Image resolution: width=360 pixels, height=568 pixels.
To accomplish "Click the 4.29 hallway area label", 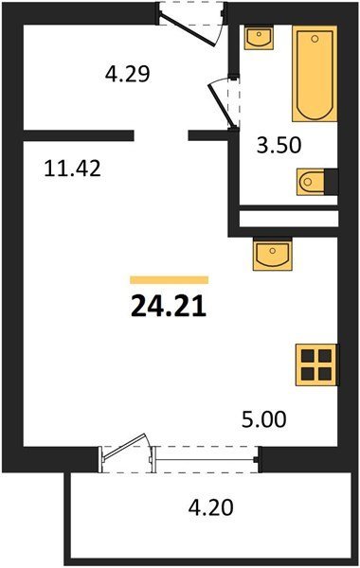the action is click(127, 74).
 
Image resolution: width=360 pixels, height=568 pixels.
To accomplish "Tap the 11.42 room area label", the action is click(72, 169).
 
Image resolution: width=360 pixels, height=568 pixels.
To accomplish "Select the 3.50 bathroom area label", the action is click(279, 145).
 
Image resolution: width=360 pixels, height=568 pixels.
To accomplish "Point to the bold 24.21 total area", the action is click(169, 305).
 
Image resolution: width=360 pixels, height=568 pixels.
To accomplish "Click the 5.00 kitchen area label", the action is click(264, 419).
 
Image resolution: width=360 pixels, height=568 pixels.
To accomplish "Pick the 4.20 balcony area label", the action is click(210, 507).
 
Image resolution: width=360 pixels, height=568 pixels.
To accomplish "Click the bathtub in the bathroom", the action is click(315, 74).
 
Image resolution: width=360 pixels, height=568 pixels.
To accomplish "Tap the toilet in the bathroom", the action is click(311, 182).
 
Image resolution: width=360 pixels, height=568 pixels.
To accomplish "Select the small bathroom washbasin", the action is click(259, 37).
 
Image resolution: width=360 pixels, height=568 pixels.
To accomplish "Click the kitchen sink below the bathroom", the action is click(273, 255).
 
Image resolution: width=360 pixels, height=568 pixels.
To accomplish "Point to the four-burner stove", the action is click(316, 364).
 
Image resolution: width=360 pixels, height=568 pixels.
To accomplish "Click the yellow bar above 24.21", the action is click(170, 279).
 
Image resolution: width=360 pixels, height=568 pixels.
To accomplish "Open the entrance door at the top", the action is click(188, 29).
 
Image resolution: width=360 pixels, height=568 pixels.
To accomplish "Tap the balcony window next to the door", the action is click(206, 460).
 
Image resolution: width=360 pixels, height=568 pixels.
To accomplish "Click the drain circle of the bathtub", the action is click(315, 39).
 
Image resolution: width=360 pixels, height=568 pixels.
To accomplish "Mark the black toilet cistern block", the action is click(331, 182).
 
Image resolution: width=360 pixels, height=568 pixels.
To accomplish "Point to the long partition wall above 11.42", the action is click(79, 135).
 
